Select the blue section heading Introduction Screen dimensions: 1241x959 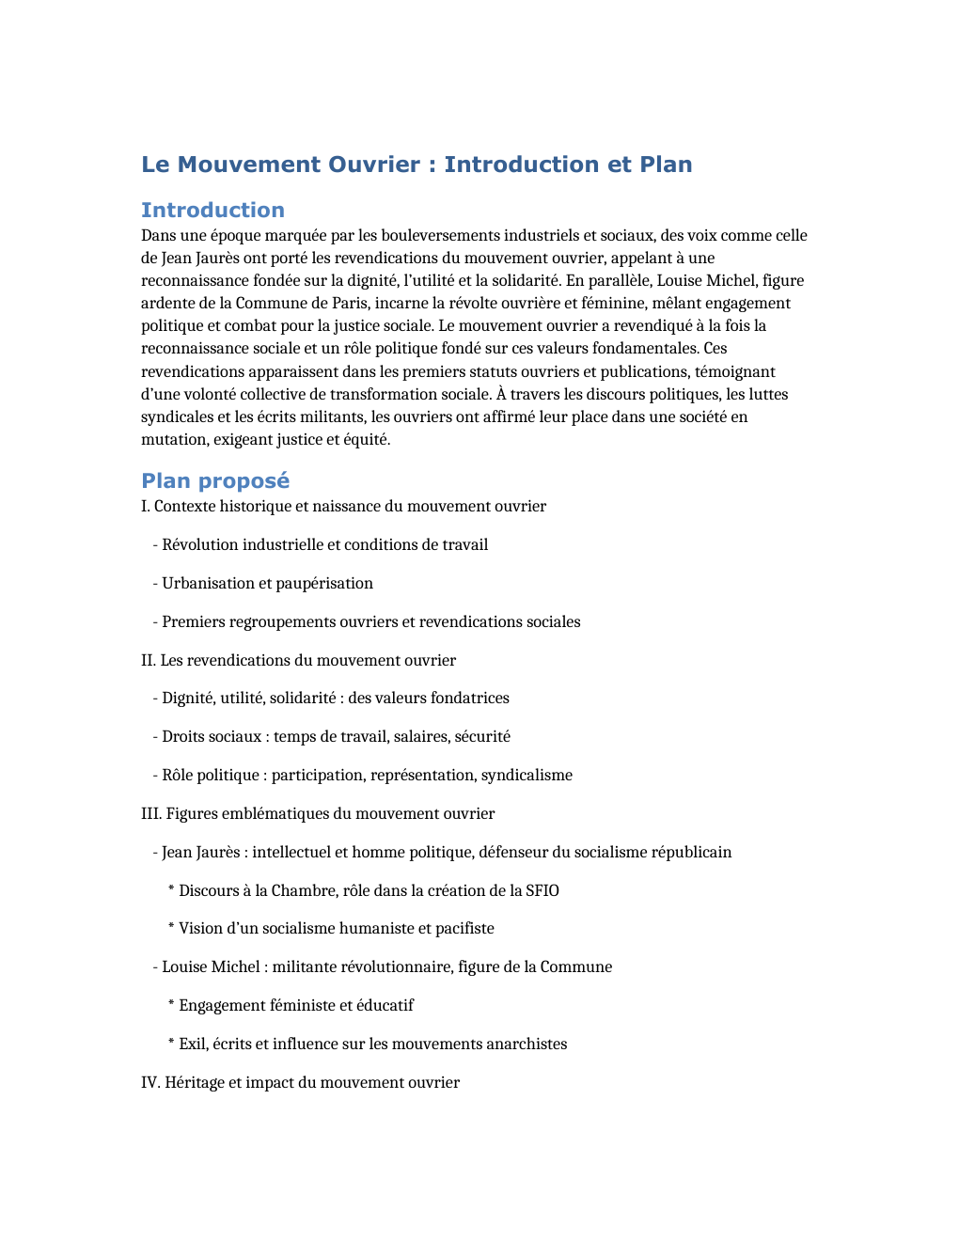pyautogui.click(x=212, y=210)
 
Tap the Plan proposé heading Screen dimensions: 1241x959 pyautogui.click(x=215, y=480)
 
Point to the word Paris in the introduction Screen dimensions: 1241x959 pyautogui.click(x=346, y=303)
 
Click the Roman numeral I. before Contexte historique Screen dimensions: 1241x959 pyautogui.click(x=145, y=506)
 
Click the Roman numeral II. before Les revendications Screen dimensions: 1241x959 pyautogui.click(x=149, y=660)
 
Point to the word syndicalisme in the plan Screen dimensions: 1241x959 pyautogui.click(x=527, y=775)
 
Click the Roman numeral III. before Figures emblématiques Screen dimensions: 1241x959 pyautogui.click(x=151, y=813)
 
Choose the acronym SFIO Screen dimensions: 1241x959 pyautogui.click(x=542, y=890)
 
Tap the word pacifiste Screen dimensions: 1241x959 pyautogui.click(x=464, y=928)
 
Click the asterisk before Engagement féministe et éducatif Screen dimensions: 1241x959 pyautogui.click(x=171, y=1005)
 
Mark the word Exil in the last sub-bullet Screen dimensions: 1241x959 pyautogui.click(x=193, y=1044)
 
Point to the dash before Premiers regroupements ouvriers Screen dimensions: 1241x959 pyautogui.click(x=155, y=621)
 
